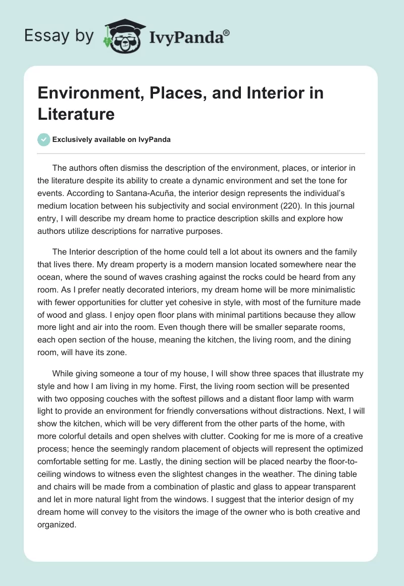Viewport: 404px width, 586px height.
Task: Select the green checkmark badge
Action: [44, 139]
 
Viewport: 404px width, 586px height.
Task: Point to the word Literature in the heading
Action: [76, 114]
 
